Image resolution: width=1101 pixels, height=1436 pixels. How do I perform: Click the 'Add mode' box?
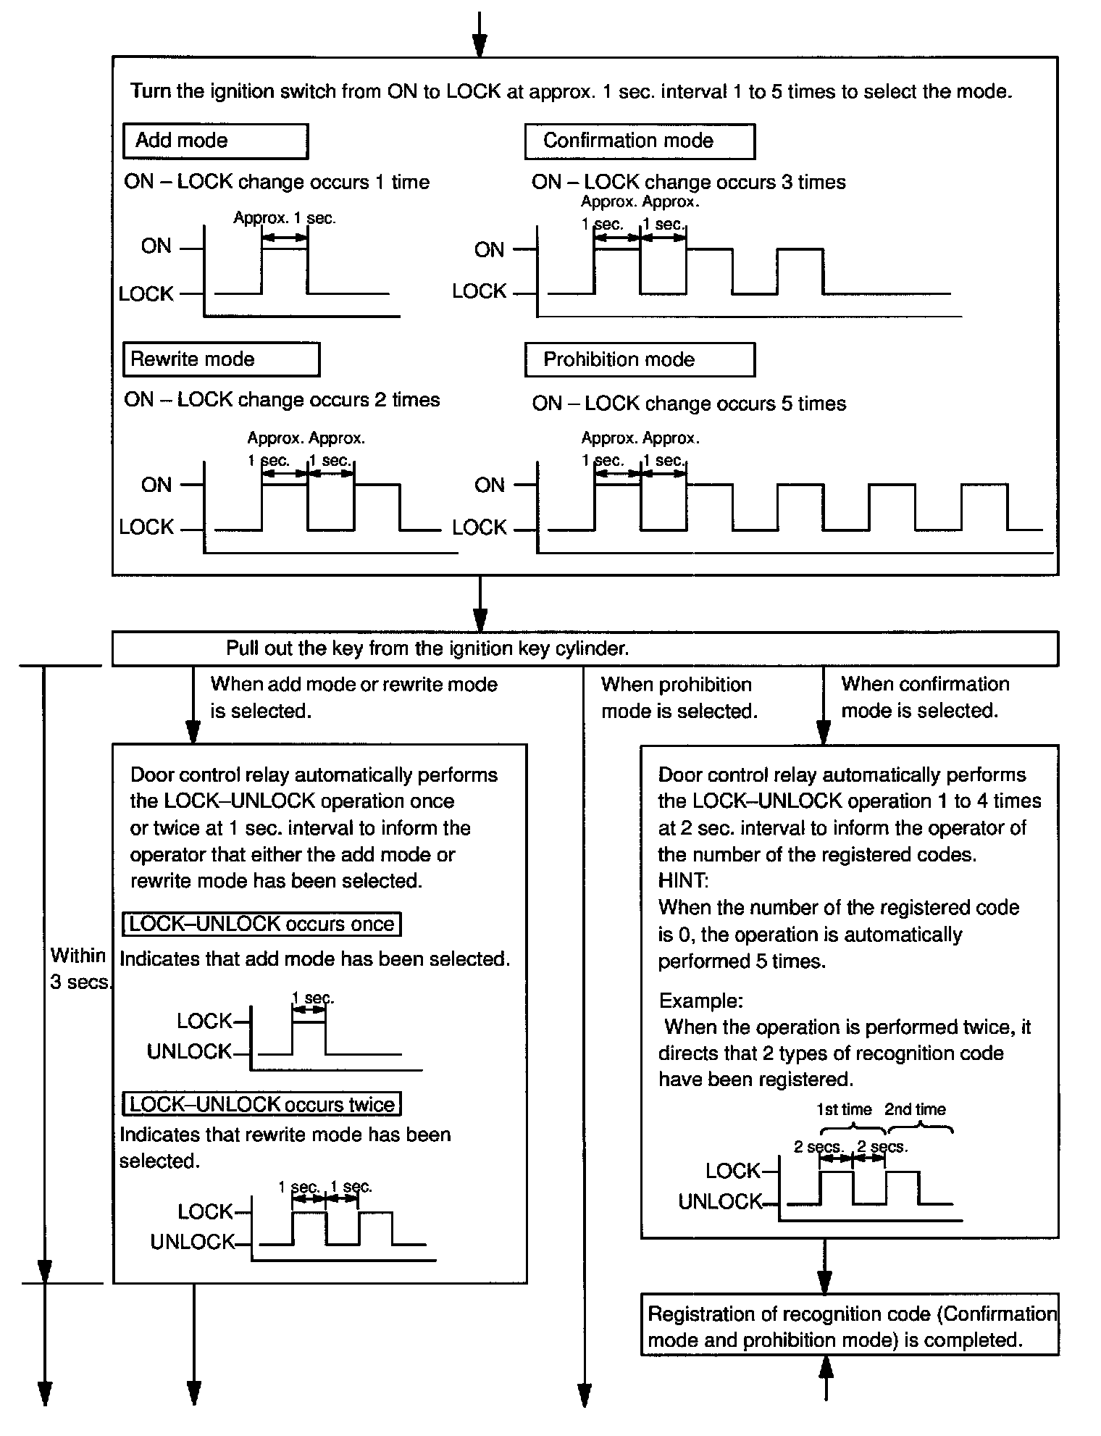pyautogui.click(x=215, y=141)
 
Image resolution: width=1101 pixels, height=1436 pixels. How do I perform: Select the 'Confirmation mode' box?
pyautogui.click(x=639, y=141)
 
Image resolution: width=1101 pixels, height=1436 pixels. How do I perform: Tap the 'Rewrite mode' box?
pyautogui.click(x=221, y=359)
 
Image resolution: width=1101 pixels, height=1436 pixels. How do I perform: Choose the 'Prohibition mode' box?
pyautogui.click(x=639, y=359)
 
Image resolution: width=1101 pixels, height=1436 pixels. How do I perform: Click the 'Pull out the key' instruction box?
pyautogui.click(x=585, y=648)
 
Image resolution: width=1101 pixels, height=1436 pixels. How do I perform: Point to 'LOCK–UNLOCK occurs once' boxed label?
pyautogui.click(x=261, y=924)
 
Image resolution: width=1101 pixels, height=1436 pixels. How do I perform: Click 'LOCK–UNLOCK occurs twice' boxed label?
pyautogui.click(x=261, y=1104)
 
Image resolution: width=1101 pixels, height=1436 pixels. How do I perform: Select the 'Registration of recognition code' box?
pyautogui.click(x=850, y=1327)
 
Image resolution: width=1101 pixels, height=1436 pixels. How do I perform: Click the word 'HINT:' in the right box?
pyautogui.click(x=683, y=880)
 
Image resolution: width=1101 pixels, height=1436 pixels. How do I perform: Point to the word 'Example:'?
pyautogui.click(x=700, y=1001)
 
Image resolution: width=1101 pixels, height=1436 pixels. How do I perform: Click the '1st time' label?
pyautogui.click(x=845, y=1109)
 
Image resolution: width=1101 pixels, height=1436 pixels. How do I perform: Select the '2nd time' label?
pyautogui.click(x=915, y=1109)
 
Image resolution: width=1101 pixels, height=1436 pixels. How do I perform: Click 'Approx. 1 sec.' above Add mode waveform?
pyautogui.click(x=285, y=218)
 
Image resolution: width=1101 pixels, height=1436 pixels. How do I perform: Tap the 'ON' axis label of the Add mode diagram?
pyautogui.click(x=156, y=246)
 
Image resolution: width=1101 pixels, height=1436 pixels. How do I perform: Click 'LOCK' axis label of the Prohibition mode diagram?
pyautogui.click(x=479, y=527)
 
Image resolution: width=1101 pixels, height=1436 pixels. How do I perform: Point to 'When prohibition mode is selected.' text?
pyautogui.click(x=679, y=698)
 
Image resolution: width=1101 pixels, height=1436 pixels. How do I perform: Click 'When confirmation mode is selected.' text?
pyautogui.click(x=924, y=697)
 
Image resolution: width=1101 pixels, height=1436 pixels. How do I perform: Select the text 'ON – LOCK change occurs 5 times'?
pyautogui.click(x=688, y=404)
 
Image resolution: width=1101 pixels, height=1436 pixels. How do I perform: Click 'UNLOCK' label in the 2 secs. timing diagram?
pyautogui.click(x=720, y=1202)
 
